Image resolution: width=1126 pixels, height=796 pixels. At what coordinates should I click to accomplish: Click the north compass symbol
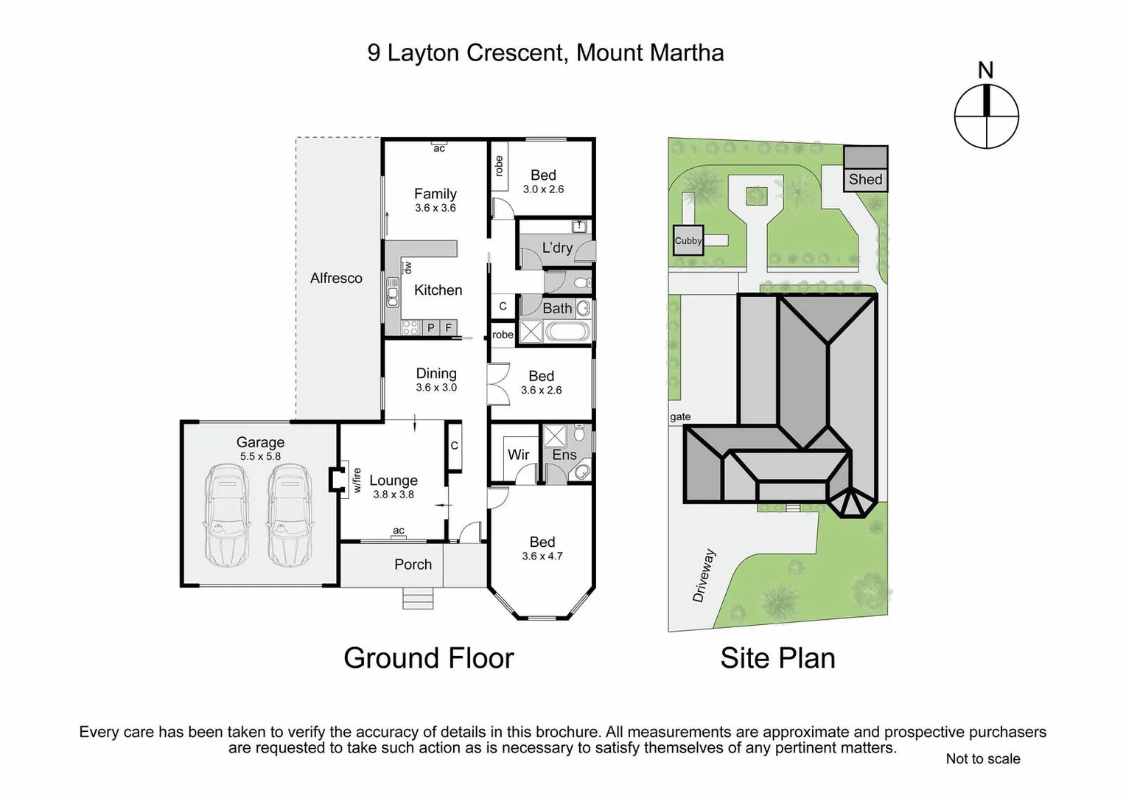986,116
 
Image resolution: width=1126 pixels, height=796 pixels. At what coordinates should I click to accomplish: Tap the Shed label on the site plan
865,179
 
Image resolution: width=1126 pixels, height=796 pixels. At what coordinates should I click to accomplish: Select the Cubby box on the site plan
688,241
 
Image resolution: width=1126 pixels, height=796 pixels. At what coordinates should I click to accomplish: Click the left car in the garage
226,515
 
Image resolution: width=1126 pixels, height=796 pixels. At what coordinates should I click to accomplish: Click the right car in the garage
289,515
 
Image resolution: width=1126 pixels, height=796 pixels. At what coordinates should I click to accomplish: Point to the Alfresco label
336,278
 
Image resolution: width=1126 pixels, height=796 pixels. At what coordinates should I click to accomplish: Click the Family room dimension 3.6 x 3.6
436,208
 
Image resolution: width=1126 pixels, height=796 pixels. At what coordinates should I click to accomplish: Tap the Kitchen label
438,290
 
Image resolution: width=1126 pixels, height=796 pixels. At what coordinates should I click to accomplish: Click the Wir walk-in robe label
518,454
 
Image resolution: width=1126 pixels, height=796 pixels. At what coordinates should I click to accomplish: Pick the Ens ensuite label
564,455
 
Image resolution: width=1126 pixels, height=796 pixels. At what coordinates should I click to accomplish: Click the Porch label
413,564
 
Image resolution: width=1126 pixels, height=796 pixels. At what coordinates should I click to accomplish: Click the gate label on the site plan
680,416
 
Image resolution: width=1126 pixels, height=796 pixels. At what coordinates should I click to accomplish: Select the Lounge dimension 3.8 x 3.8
394,495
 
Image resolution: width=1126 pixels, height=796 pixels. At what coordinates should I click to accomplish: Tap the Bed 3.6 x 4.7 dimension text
542,556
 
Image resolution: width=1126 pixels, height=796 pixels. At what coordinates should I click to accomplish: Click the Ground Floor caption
428,657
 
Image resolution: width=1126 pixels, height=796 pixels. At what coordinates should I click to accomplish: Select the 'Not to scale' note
982,758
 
